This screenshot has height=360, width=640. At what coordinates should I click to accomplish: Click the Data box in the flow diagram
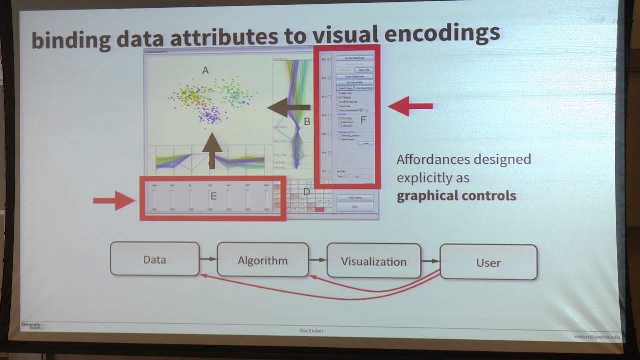point(154,259)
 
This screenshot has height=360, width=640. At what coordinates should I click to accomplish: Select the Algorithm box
point(262,260)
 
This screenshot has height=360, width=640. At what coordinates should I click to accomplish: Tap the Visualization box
point(373,261)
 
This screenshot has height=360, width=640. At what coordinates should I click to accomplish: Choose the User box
point(488,262)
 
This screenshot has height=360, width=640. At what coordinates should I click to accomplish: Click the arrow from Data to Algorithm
point(208,259)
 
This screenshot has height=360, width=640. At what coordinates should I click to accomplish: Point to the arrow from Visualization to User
point(430,261)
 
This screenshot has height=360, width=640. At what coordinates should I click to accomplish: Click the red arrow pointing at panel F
point(410,106)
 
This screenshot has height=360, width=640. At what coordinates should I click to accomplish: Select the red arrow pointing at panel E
point(114,200)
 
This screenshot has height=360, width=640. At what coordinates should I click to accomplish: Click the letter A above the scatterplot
point(205,71)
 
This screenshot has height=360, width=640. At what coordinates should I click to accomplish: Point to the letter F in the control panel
point(363,120)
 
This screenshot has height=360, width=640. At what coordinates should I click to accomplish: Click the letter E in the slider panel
point(213,196)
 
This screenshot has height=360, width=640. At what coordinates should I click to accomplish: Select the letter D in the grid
point(307,191)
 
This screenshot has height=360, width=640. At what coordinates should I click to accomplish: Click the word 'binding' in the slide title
point(70,40)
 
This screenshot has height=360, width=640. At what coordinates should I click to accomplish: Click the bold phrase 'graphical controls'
point(456,195)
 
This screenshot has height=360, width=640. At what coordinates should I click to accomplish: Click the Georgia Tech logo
point(31,326)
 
